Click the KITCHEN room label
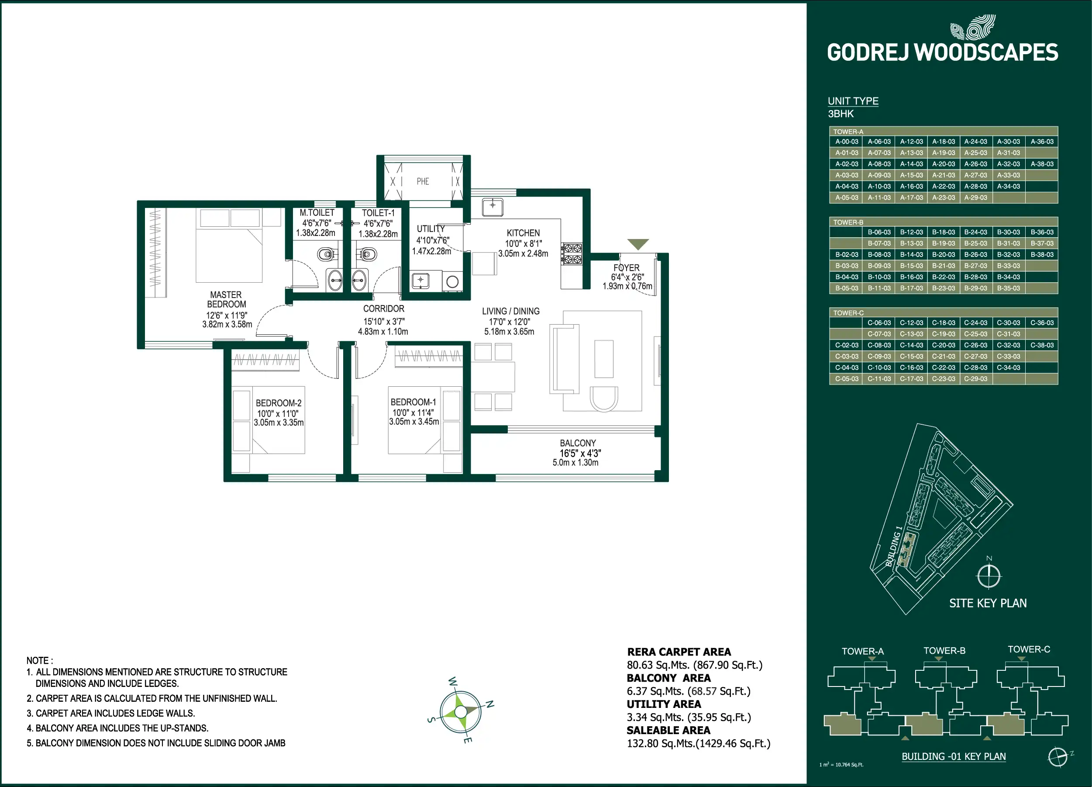coord(523,233)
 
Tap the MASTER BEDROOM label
coord(226,299)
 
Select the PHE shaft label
coord(423,181)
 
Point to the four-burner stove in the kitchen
coord(572,253)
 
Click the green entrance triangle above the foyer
coord(638,244)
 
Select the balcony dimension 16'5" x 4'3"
coord(580,453)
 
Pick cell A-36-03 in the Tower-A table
coord(1042,142)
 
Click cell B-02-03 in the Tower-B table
coord(847,254)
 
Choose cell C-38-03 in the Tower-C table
coord(1042,345)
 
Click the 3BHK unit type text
coord(841,114)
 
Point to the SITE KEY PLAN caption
coord(988,603)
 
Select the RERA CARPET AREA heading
coord(679,652)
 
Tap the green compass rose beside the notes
coord(461,711)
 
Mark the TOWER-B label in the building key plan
coord(944,651)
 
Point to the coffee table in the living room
coord(604,359)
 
